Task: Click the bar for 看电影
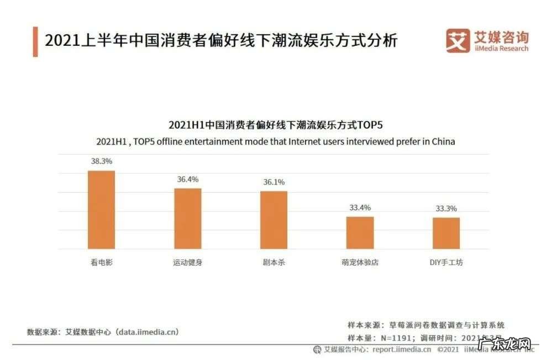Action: pos(102,210)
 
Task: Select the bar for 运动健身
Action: pos(188,219)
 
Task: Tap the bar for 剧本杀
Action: pos(274,220)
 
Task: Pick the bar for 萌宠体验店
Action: pos(360,232)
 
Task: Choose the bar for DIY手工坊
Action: pos(446,233)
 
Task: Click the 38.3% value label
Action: pos(102,161)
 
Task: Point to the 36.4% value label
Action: pos(188,179)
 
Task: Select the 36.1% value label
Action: pos(274,182)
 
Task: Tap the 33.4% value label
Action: pos(360,208)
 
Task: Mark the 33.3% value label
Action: pos(446,208)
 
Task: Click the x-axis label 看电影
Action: pos(102,262)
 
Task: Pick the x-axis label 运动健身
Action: pos(188,262)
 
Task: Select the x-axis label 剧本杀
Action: pos(274,262)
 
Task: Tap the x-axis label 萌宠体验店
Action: pos(360,262)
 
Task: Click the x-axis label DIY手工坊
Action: pos(446,262)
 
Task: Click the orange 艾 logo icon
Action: pos(458,41)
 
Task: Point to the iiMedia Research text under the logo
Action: pos(502,49)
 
